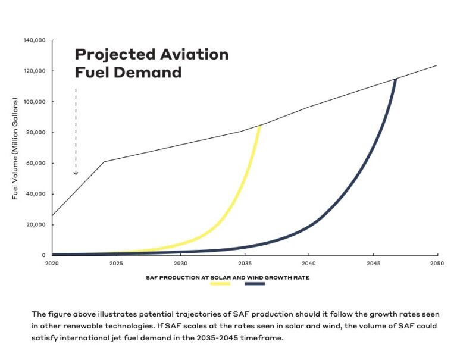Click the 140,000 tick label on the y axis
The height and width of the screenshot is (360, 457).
(35, 40)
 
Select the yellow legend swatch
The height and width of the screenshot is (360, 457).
(220, 284)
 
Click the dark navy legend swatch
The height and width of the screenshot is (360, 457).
(255, 284)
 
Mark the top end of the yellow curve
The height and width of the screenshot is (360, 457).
(260, 126)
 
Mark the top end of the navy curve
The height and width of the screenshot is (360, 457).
(396, 79)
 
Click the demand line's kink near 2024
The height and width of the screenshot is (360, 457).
(104, 162)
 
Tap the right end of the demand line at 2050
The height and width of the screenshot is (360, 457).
(437, 65)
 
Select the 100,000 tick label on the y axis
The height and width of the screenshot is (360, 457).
(35, 102)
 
